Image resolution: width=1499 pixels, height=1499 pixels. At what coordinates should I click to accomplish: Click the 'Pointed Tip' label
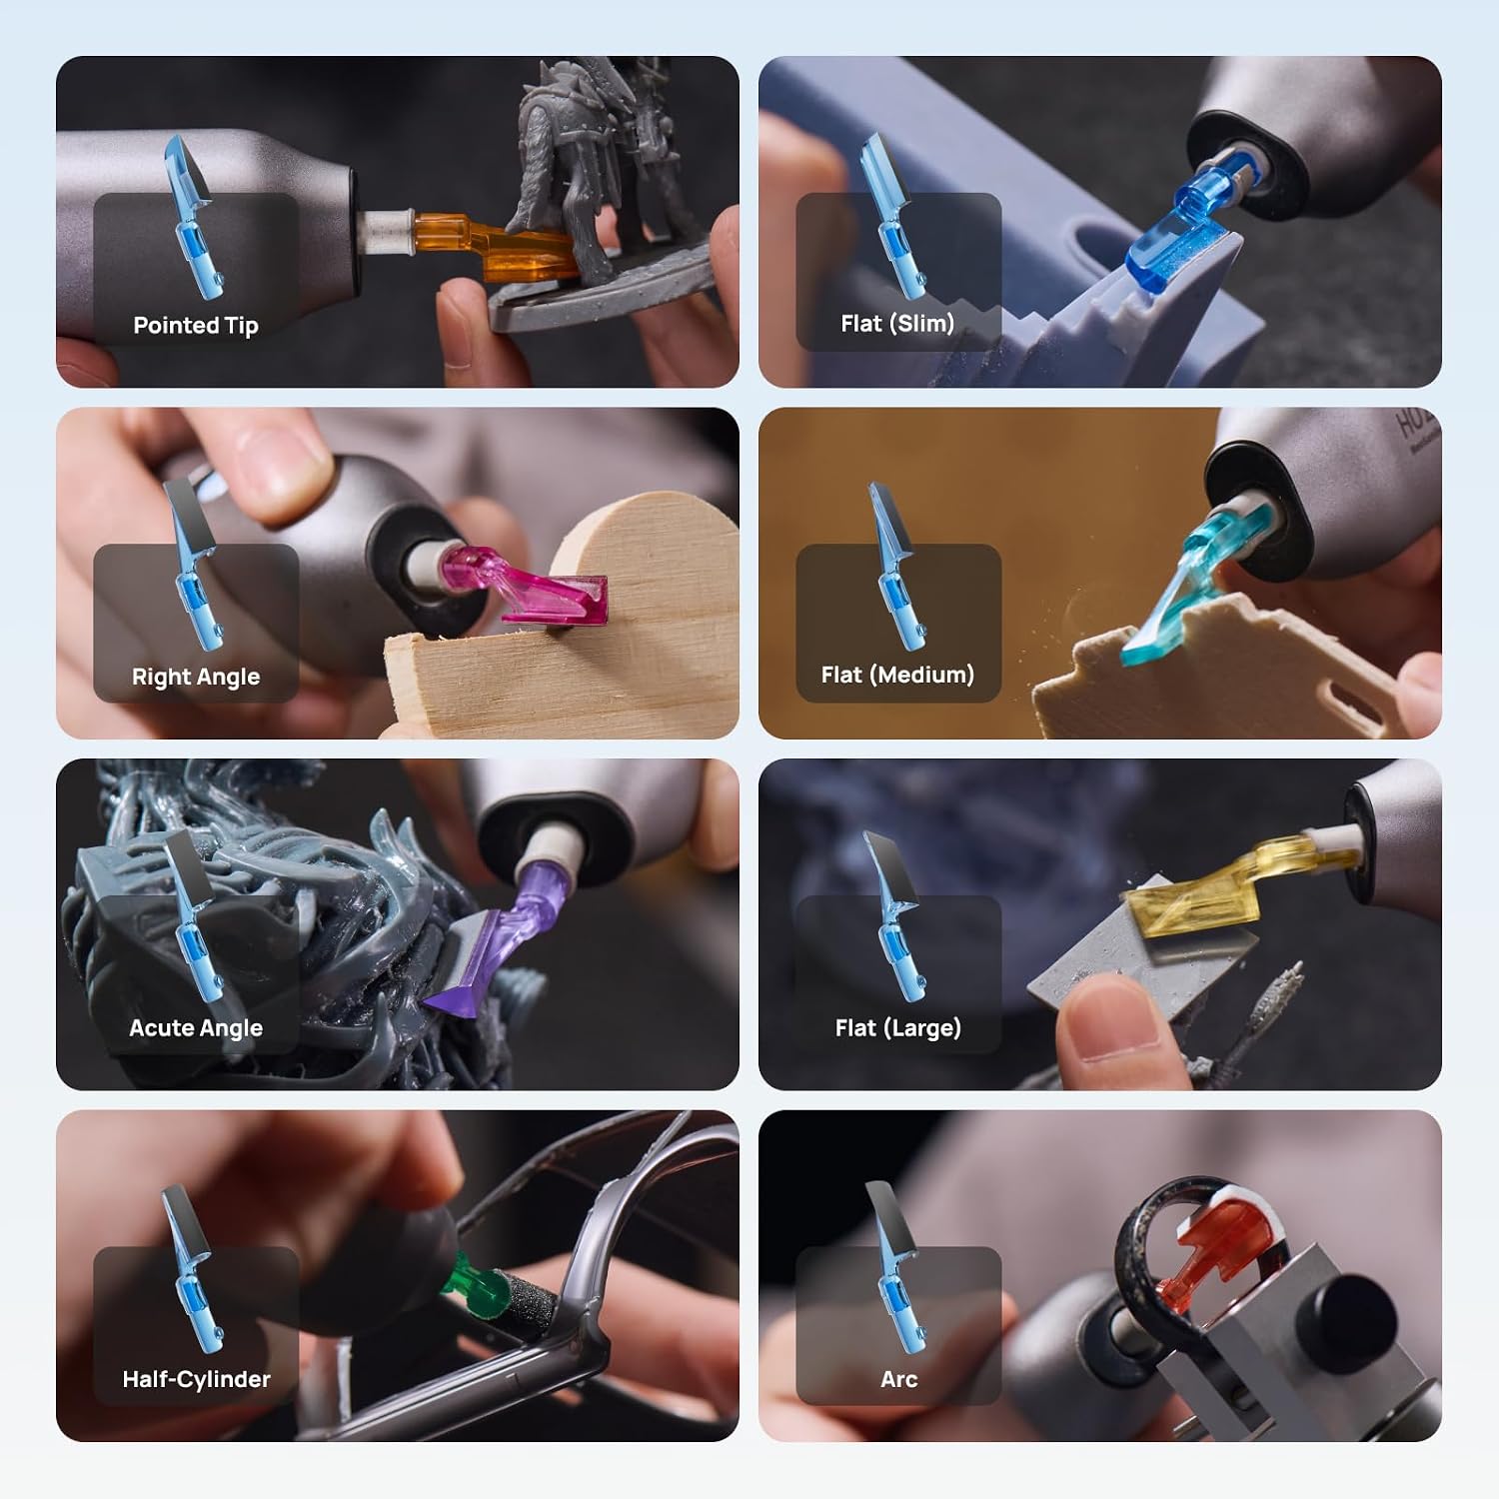[x=196, y=325]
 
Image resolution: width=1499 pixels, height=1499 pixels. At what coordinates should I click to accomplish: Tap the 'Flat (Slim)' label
[x=897, y=323]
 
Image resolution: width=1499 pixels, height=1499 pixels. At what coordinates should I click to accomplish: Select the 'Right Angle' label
[x=196, y=677]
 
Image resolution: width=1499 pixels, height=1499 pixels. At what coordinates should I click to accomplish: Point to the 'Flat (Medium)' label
[x=897, y=675]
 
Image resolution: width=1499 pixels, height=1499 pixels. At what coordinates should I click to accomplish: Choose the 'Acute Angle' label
[x=196, y=1027]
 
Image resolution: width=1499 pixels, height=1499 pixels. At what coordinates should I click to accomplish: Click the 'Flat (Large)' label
[x=897, y=1027]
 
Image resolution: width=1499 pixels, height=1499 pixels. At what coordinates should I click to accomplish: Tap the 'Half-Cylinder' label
[x=196, y=1379]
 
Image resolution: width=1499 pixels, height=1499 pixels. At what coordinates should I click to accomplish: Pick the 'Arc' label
[x=898, y=1379]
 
